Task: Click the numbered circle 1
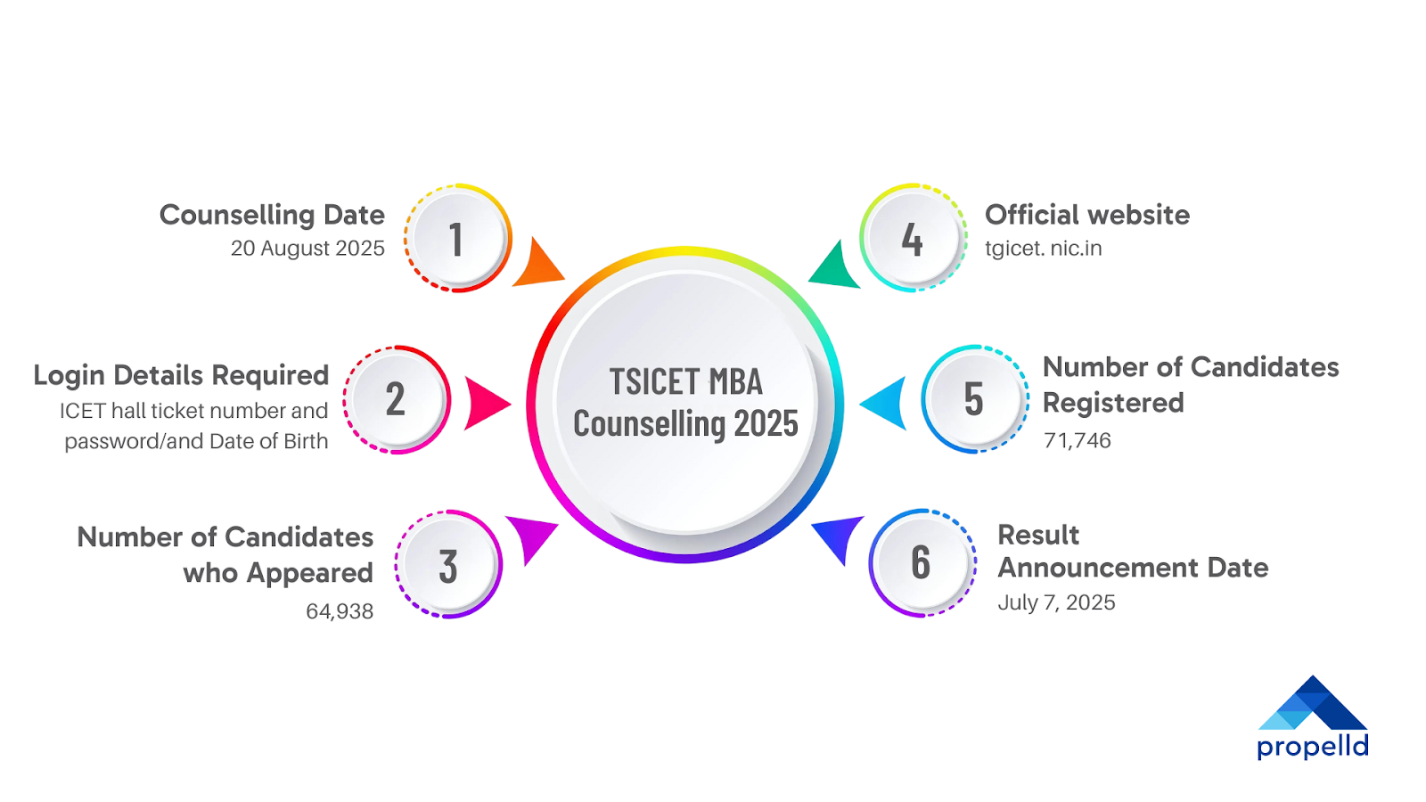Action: pos(457,239)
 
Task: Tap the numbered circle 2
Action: pos(397,399)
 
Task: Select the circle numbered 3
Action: pos(448,565)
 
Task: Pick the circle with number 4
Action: pos(913,239)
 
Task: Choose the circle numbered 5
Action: pos(974,399)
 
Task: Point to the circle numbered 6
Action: pos(922,563)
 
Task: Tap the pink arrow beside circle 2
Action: pos(485,404)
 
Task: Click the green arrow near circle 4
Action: pos(836,266)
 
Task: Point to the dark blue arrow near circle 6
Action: pos(840,536)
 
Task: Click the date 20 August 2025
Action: pos(307,249)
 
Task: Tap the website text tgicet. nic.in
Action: pos(1043,249)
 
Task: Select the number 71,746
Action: pos(1077,440)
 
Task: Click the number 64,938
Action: pos(340,611)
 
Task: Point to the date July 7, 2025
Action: pos(1056,602)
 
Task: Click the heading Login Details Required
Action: pos(181,375)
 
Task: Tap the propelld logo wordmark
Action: pos(1312,746)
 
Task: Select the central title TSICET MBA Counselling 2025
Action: pos(685,403)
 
